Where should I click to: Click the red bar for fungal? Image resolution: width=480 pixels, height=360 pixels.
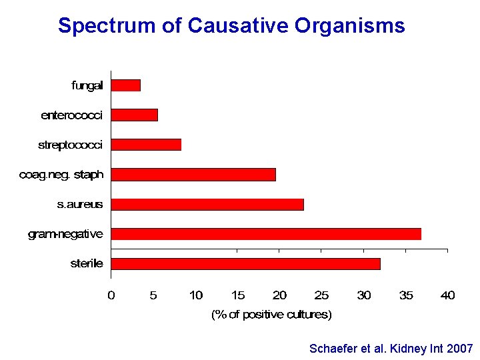(126, 85)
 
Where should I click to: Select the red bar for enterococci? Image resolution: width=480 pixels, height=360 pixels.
(135, 115)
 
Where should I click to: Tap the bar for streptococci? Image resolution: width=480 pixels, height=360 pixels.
(146, 145)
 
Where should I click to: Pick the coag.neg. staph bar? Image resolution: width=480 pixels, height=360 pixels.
(193, 175)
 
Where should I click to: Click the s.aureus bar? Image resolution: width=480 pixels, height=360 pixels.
(207, 204)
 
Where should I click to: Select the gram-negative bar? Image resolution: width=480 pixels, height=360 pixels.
(266, 234)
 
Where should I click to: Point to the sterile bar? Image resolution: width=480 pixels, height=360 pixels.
(245, 263)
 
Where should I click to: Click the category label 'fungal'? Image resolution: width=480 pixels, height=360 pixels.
(87, 85)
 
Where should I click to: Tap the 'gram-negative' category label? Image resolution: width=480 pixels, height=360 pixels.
(65, 234)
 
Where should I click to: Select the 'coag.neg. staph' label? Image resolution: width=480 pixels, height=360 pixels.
(61, 175)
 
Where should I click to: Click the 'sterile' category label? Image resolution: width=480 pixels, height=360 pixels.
(87, 263)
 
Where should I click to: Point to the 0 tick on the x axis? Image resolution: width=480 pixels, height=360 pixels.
(111, 295)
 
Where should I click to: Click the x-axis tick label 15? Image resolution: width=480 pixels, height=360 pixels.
(238, 295)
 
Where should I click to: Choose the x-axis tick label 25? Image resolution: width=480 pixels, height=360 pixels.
(321, 295)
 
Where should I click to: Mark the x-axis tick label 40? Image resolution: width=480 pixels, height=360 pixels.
(447, 295)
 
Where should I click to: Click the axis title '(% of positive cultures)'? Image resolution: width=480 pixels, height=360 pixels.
(271, 314)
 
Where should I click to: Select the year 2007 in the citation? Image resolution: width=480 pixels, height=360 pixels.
(460, 349)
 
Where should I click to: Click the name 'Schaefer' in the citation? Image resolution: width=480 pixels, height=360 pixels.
(333, 349)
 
